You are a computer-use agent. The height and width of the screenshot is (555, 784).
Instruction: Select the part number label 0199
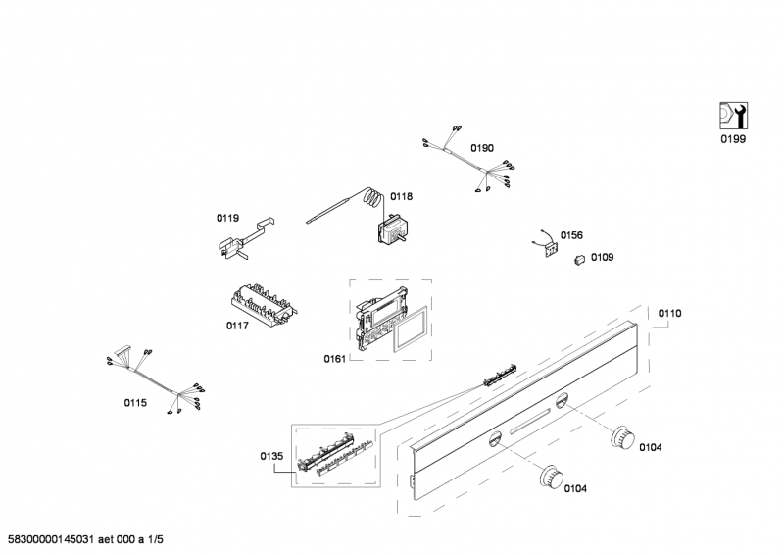pos(732,140)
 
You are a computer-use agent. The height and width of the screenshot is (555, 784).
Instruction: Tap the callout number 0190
pos(481,148)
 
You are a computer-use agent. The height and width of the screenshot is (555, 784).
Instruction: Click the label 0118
pos(401,196)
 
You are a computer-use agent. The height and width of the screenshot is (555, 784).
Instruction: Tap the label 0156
pos(571,235)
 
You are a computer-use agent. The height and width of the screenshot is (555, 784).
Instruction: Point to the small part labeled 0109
pos(579,259)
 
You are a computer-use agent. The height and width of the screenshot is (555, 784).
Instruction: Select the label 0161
pos(334,359)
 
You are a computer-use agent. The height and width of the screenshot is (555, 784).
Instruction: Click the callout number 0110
pos(669,313)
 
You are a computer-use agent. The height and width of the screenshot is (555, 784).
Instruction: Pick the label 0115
pos(135,403)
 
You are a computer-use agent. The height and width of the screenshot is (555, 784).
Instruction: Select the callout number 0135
pos(271,456)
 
